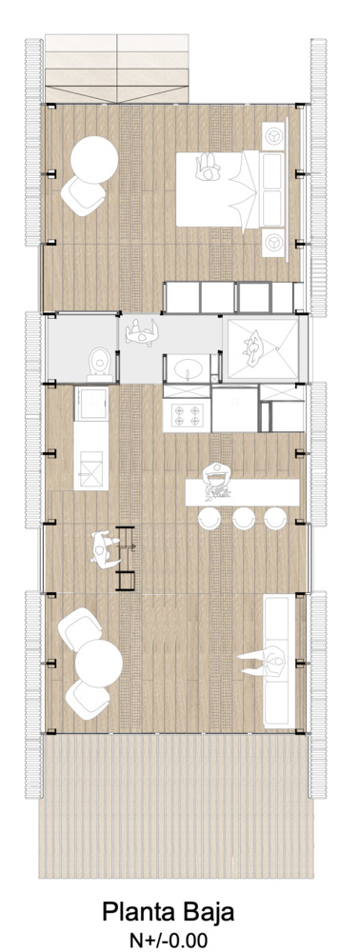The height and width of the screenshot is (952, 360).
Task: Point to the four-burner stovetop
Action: click(186, 414)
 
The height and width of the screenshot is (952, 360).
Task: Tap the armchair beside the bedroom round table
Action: click(83, 193)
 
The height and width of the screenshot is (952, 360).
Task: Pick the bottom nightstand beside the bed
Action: click(275, 242)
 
